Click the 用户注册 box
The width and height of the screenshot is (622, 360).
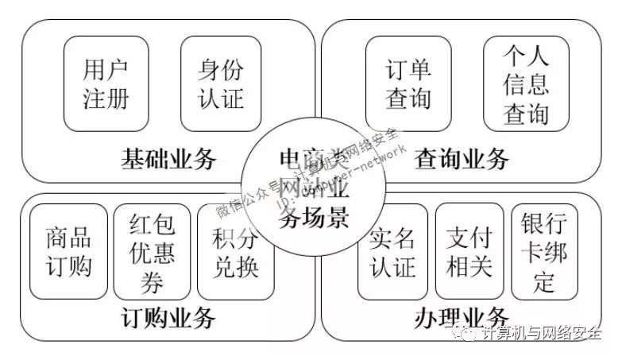pos(106,83)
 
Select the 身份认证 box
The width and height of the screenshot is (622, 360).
pos(221,83)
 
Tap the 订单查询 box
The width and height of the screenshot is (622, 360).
pos(408,83)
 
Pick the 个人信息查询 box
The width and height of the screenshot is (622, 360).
pos(526,83)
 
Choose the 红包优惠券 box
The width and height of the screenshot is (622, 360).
pos(152,251)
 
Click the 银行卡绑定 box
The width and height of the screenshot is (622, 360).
pos(544,251)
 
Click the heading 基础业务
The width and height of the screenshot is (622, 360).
pos(168,159)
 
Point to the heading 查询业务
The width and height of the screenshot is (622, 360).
pos(462,159)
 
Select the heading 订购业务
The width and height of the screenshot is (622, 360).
pos(168,319)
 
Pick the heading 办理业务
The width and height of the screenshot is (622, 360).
pos(462,319)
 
